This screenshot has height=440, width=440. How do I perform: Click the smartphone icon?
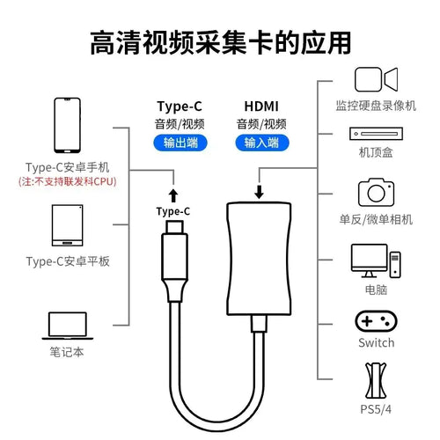tap(67, 125)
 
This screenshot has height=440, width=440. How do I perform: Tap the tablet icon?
tap(67, 225)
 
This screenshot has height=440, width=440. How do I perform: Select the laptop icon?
tap(68, 326)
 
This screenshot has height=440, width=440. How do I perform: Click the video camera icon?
tap(376, 79)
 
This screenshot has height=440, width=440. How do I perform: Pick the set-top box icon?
tap(376, 134)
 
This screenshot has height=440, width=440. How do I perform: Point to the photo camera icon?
tap(376, 192)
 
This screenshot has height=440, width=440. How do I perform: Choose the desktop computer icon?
tap(376, 260)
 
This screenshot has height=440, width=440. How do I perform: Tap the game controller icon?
tap(376, 321)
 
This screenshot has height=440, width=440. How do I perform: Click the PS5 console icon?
tap(376, 380)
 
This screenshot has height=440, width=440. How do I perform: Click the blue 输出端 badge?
tap(180, 143)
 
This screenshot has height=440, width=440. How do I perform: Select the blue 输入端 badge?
tap(262, 143)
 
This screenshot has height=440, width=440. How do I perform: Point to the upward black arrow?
tap(173, 195)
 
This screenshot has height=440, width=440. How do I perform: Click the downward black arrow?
tap(259, 192)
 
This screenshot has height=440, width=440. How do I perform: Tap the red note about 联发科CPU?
tap(68, 181)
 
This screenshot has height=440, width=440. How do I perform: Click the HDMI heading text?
tap(261, 106)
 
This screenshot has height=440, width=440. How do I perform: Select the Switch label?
tap(377, 342)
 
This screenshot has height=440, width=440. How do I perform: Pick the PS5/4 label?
tap(376, 409)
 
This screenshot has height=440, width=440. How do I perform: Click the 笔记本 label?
tap(67, 352)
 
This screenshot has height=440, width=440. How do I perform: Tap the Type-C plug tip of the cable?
tap(174, 226)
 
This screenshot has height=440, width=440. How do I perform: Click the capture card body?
tap(259, 259)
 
